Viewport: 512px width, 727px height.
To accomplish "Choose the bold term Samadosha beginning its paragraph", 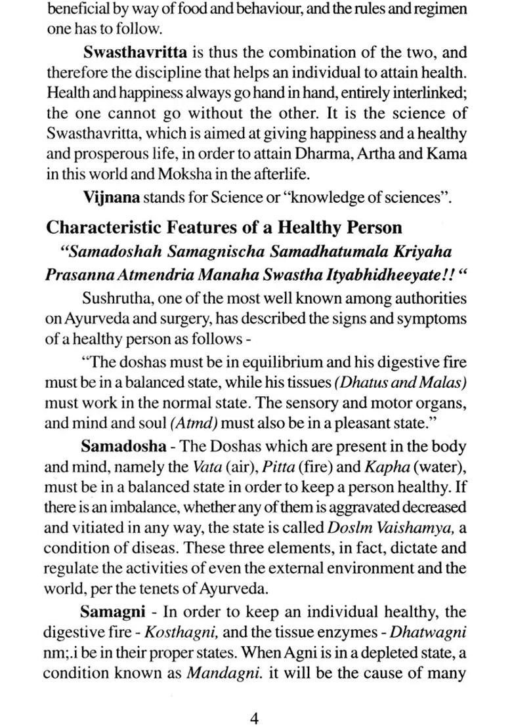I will [123, 447].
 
